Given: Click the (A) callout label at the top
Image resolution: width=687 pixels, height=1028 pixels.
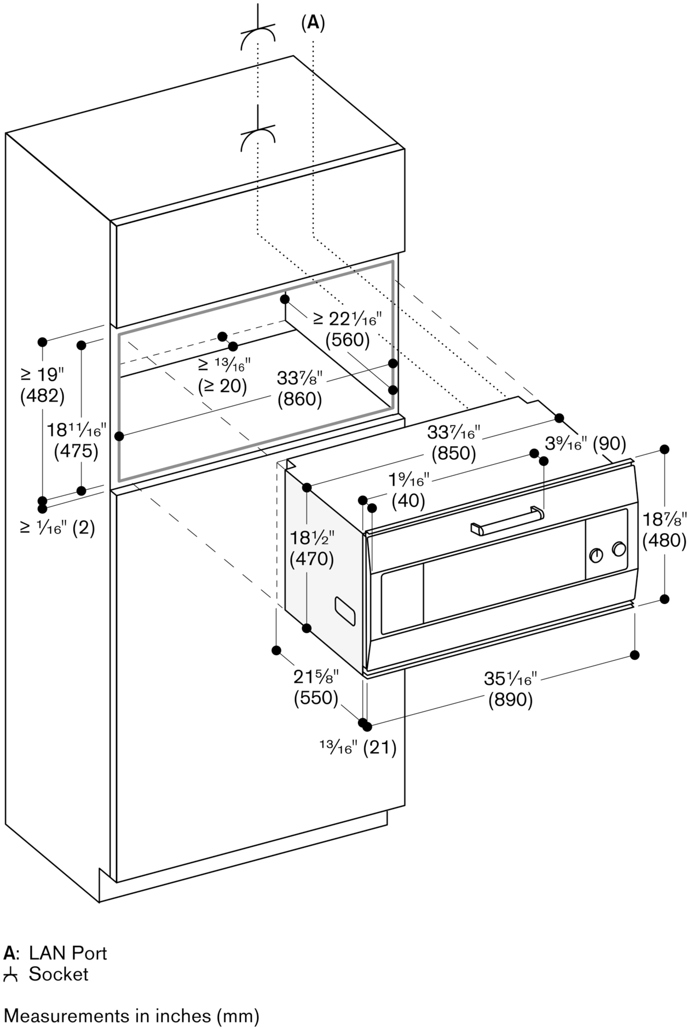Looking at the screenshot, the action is coord(313,22).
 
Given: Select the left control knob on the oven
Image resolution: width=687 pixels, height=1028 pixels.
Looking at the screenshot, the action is coord(597,555).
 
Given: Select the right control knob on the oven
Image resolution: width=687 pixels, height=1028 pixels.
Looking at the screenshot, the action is coord(619,549).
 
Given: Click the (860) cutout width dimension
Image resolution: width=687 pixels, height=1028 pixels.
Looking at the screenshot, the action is coord(299,400).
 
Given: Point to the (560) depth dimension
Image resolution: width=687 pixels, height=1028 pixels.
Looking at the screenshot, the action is coord(348,340).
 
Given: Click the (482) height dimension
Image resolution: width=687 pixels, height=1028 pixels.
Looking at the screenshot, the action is coord(42,396).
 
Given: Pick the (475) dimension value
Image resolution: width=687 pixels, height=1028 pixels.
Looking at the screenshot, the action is coord(76,452).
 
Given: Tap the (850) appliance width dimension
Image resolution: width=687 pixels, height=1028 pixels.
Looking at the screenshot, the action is coord(454,453).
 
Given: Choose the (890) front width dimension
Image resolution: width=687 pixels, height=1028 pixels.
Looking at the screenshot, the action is coord(510,699).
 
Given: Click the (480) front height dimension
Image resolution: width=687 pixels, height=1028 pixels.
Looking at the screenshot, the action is coord(664,541).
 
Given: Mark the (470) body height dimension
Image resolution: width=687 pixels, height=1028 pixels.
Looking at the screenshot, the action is coord(312,559).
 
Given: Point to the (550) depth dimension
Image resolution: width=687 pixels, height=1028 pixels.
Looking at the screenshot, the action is coord(316,698).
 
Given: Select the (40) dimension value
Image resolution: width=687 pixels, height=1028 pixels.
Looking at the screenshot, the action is coord(408,500).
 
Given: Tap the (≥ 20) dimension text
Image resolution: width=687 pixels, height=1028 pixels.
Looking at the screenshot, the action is coord(222,386).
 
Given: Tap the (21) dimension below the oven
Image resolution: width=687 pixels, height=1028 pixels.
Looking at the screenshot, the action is coord(380,747).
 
